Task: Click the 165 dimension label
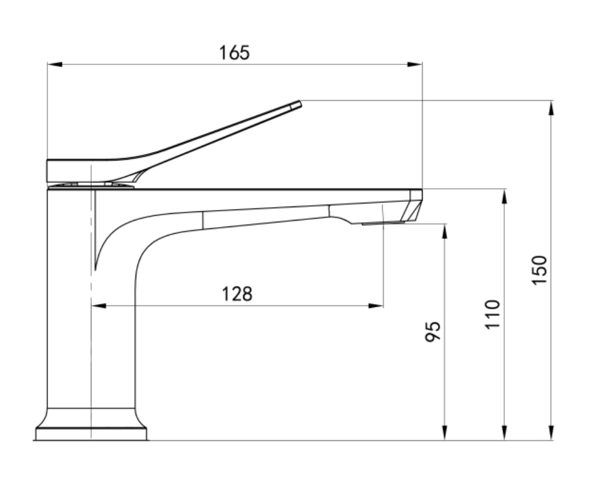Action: click(235, 53)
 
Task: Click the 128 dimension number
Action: click(237, 294)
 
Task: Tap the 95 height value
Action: click(433, 332)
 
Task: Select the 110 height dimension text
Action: click(493, 314)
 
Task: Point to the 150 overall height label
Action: click(539, 270)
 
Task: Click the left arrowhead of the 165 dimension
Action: click(55, 64)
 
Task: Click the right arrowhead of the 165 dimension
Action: click(415, 64)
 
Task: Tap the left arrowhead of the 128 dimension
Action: click(99, 306)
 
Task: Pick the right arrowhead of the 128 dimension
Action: click(376, 306)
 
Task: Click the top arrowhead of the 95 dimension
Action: click(445, 231)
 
